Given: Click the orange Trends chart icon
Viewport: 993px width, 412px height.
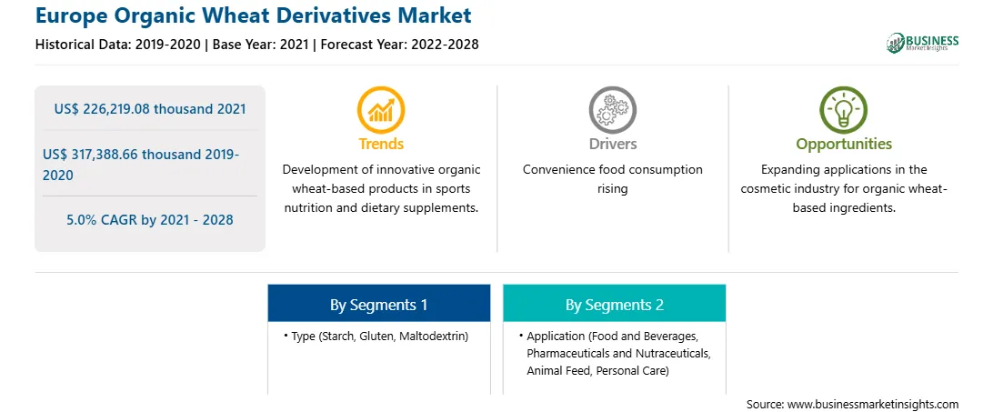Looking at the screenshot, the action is point(381,110).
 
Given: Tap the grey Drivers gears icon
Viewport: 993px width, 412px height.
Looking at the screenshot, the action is point(612,110).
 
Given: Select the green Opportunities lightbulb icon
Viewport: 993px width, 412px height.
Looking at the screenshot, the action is point(844,110).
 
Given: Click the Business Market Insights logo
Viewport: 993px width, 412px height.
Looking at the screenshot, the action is point(922,43).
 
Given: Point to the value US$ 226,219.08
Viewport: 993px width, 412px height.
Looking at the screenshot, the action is point(103,108).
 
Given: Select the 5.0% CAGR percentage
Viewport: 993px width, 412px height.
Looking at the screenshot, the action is point(85,220).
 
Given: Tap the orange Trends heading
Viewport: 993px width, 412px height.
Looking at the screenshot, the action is point(381,144).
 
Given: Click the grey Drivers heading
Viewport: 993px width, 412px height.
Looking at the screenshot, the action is point(612,144).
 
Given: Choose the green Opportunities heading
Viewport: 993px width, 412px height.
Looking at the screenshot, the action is point(844,144).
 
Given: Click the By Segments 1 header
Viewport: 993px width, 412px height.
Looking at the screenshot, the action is point(378,305).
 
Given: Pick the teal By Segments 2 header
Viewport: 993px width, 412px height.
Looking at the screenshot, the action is point(615,305).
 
